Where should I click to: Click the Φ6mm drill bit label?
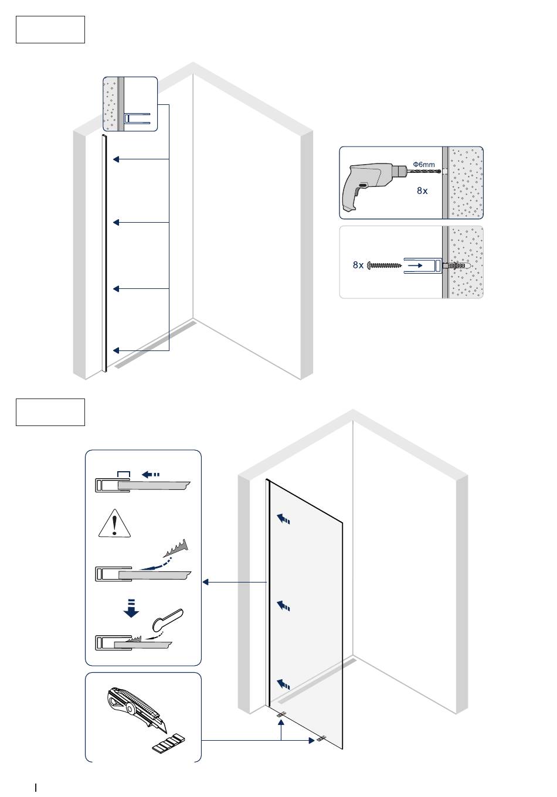pyautogui.click(x=424, y=165)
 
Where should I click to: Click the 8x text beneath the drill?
pyautogui.click(x=422, y=190)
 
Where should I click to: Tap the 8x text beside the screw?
pyautogui.click(x=358, y=265)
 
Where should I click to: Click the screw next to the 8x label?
pyautogui.click(x=385, y=265)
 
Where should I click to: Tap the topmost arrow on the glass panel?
pyautogui.click(x=284, y=519)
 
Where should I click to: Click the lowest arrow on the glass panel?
pyautogui.click(x=284, y=683)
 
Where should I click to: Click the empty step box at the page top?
pyautogui.click(x=50, y=30)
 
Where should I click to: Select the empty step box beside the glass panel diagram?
pyautogui.click(x=50, y=412)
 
